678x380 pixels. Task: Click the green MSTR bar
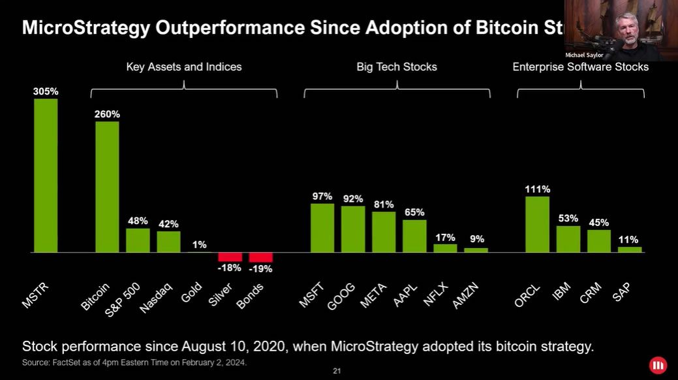coord(46,175)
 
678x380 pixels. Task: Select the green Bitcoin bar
coord(107,187)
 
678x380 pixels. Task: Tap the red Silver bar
coord(230,257)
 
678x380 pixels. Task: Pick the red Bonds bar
coord(261,257)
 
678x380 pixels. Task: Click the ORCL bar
coord(537,224)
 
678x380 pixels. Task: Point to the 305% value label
coord(46,91)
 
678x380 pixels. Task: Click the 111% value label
coord(537,189)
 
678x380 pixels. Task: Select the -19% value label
coord(261,268)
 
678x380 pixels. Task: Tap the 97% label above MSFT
coord(322,197)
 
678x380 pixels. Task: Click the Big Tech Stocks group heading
coord(397,67)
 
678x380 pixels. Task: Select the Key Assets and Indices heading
coord(184,67)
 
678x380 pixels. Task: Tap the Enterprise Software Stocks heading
coord(580,67)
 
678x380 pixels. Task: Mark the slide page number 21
coord(337,372)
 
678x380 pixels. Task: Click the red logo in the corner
coord(658,365)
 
